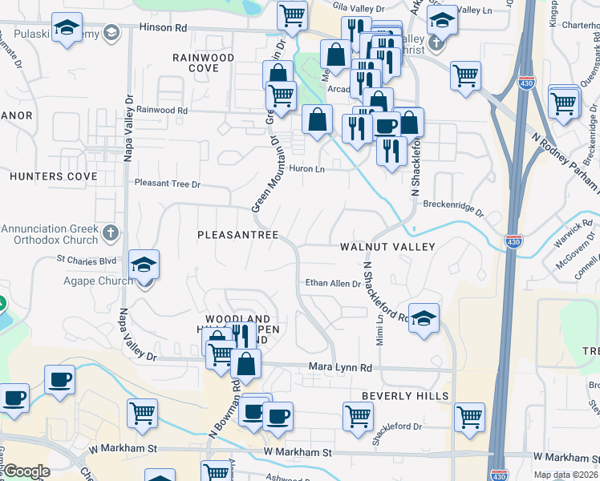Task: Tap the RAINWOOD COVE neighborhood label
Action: (204, 63)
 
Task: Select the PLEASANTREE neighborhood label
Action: (238, 235)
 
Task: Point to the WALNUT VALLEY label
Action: (387, 247)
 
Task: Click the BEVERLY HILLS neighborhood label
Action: (404, 396)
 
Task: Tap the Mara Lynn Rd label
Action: (341, 368)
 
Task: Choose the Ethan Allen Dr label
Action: (333, 283)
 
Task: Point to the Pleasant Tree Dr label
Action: (168, 184)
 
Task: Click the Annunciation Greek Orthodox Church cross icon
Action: (111, 233)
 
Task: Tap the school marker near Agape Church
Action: (144, 265)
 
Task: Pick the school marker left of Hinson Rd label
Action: (67, 28)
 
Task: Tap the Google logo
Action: (26, 471)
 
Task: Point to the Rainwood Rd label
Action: (161, 110)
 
